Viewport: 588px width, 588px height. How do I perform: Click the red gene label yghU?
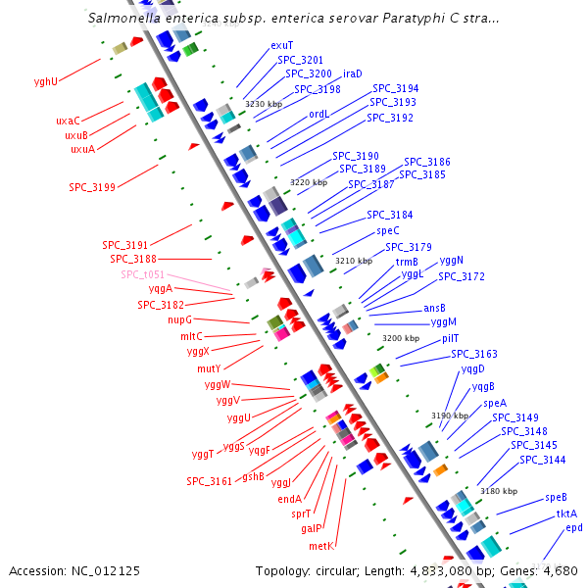pos(45,81)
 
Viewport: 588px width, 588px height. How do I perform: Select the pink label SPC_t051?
pos(142,274)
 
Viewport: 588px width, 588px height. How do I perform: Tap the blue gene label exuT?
pos(281,45)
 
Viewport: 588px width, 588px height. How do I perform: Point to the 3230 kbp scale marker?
pos(262,104)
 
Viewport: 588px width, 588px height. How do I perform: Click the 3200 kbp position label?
pos(400,337)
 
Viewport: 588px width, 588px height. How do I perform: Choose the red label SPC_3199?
pos(91,186)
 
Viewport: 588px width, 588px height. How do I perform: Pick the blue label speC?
pos(388,231)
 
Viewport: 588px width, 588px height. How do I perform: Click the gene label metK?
pos(321,545)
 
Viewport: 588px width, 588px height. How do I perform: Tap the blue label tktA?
pos(566,513)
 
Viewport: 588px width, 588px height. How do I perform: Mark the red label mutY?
pos(209,368)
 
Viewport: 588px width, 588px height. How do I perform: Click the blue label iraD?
pos(353,73)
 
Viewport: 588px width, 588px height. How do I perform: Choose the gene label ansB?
pos(434,308)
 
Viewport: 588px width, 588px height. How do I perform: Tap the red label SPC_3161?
pos(209,481)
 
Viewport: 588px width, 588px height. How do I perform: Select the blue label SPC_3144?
pos(542,460)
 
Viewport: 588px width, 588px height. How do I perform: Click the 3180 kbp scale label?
pos(498,491)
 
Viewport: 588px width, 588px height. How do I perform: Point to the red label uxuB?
pos(77,135)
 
